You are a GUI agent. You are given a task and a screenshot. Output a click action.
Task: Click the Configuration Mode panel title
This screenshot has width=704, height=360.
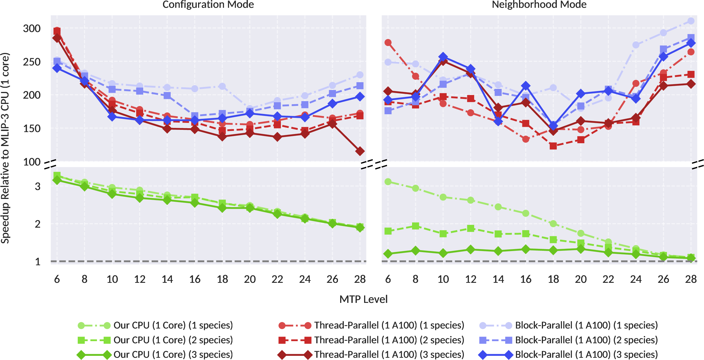pyautogui.click(x=208, y=4)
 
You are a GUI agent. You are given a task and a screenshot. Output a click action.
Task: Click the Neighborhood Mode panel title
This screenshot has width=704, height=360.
pyautogui.click(x=539, y=4)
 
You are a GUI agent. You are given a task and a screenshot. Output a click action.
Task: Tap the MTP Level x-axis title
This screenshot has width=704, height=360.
pyautogui.click(x=363, y=299)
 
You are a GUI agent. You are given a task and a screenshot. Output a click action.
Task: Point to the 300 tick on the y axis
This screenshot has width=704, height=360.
pyautogui.click(x=32, y=28)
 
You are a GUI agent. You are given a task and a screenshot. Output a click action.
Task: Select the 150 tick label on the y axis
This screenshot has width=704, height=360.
pyautogui.click(x=32, y=128)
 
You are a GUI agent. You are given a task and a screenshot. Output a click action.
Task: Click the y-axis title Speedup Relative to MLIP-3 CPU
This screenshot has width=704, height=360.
pyautogui.click(x=6, y=148)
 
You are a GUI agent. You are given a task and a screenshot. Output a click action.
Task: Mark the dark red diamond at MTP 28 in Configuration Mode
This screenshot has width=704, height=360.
pyautogui.click(x=360, y=151)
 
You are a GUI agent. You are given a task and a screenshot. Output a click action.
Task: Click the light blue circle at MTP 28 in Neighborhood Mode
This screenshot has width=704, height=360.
pyautogui.click(x=691, y=21)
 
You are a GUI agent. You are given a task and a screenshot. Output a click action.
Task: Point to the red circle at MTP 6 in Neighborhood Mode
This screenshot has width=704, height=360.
pyautogui.click(x=388, y=43)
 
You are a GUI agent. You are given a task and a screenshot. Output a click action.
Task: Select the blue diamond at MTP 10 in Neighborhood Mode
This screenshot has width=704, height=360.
pyautogui.click(x=443, y=57)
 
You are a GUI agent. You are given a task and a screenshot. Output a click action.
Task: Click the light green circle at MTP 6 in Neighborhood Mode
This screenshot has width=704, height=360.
pyautogui.click(x=388, y=182)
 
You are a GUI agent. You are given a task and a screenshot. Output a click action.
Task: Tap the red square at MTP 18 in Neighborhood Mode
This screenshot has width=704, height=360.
pyautogui.click(x=553, y=146)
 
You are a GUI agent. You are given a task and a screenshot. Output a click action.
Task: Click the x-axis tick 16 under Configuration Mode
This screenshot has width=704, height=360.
pyautogui.click(x=195, y=279)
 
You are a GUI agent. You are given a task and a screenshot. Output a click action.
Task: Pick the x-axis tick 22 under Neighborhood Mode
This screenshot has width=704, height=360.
pyautogui.click(x=608, y=279)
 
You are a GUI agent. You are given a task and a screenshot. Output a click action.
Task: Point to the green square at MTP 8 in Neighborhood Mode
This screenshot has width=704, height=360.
pyautogui.click(x=415, y=226)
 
